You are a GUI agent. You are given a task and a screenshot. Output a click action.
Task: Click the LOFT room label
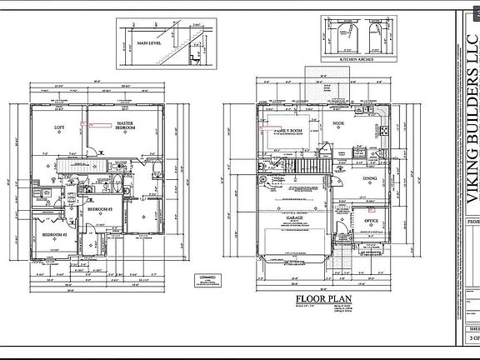click(59, 127)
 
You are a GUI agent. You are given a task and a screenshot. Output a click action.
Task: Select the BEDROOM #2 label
click(54, 236)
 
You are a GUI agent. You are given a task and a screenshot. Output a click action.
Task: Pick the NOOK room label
click(338, 123)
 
